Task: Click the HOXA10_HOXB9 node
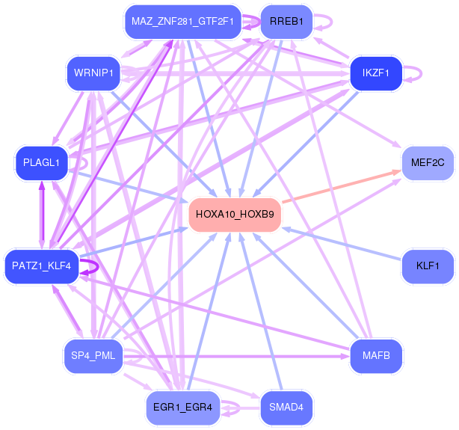tap(235, 215)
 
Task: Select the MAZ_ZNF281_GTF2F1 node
tap(182, 22)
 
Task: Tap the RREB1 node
tap(286, 22)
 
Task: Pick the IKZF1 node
tap(376, 73)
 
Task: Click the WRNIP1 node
tap(93, 73)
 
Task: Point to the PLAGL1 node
tap(42, 163)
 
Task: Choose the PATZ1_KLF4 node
tap(42, 266)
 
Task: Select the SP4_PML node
tap(93, 356)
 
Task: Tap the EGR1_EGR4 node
tap(182, 408)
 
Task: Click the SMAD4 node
tap(286, 408)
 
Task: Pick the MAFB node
tap(376, 356)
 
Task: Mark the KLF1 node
tap(428, 266)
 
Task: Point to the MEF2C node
tap(428, 163)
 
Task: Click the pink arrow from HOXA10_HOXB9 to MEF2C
tap(342, 186)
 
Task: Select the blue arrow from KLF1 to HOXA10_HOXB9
tap(342, 244)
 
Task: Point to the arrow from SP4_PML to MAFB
tap(236, 357)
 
